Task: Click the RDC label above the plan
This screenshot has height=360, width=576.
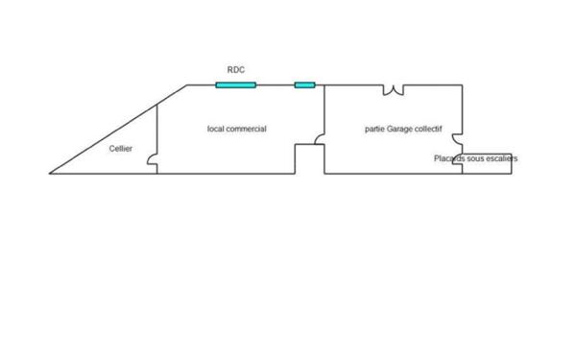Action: pos(235,70)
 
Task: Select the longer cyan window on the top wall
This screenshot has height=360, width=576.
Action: pos(235,85)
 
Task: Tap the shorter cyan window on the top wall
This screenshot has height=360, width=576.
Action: pos(304,85)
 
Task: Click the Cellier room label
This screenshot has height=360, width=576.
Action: pos(120,149)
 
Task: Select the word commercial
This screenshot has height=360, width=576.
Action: pos(245,129)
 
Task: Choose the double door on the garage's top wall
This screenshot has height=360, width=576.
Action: pos(394,90)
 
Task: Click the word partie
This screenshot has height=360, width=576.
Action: pos(375,129)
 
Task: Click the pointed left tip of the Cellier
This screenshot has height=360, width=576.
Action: pos(51,173)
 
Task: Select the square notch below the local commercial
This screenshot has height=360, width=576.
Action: pos(309,158)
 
